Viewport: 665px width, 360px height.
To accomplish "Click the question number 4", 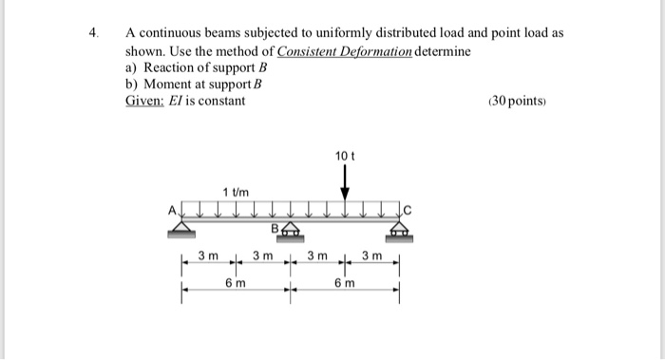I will coord(93,32).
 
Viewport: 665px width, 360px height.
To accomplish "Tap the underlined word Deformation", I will coord(363,50).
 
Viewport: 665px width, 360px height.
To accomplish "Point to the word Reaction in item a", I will coord(169,67).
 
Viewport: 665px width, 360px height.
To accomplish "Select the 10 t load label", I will coord(344,155).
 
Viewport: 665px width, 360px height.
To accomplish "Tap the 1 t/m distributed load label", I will coord(235,193).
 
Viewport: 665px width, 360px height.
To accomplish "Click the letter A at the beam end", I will coord(173,210).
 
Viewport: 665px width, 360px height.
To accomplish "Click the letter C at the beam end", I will coord(408,211).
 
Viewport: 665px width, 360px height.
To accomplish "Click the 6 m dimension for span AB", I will coord(235,284).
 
